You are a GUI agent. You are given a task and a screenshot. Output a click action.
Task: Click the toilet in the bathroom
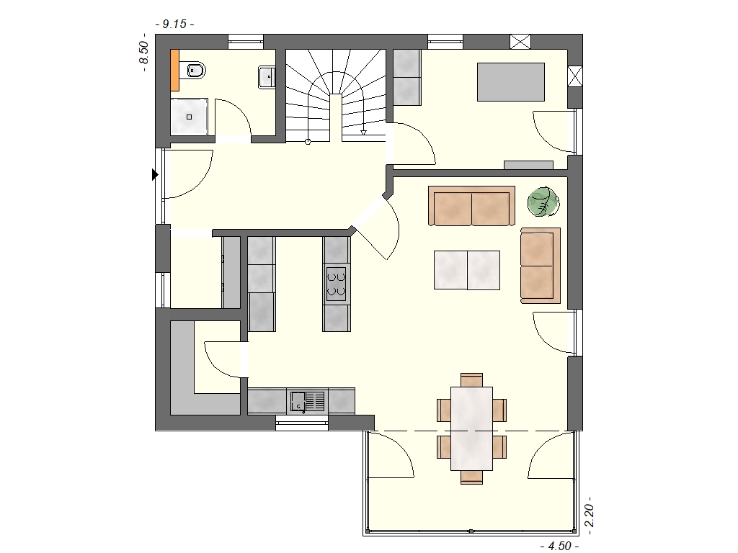point(195,71)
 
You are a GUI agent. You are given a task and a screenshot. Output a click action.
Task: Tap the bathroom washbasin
point(267,76)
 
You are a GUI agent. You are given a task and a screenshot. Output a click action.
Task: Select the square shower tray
point(190,117)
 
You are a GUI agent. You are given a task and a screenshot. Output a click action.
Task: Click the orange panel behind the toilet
point(174,70)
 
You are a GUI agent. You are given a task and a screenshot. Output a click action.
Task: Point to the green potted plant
point(543,202)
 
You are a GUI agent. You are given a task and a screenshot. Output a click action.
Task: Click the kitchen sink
point(307,401)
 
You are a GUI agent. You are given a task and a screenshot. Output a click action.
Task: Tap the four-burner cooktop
point(336,284)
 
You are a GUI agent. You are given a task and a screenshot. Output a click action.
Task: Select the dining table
point(471,428)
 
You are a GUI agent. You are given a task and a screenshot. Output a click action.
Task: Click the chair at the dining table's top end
point(471,380)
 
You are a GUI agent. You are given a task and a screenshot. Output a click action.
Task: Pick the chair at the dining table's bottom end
point(471,477)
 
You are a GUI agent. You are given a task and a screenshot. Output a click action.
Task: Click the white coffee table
point(467,270)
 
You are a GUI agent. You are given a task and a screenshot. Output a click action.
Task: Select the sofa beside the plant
point(471,206)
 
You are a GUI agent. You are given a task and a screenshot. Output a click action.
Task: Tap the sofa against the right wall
point(541,266)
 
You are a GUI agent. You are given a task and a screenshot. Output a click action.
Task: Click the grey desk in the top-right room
point(511,82)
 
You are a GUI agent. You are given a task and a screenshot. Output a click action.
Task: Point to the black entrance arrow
point(155,174)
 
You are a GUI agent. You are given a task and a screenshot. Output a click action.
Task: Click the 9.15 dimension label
point(174,24)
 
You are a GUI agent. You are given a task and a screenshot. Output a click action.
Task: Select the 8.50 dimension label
point(143,53)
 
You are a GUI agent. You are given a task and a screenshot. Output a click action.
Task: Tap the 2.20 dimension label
point(589,516)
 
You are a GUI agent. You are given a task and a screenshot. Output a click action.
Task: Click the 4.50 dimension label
point(559,546)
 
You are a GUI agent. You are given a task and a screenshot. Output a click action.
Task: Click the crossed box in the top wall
point(520,41)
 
